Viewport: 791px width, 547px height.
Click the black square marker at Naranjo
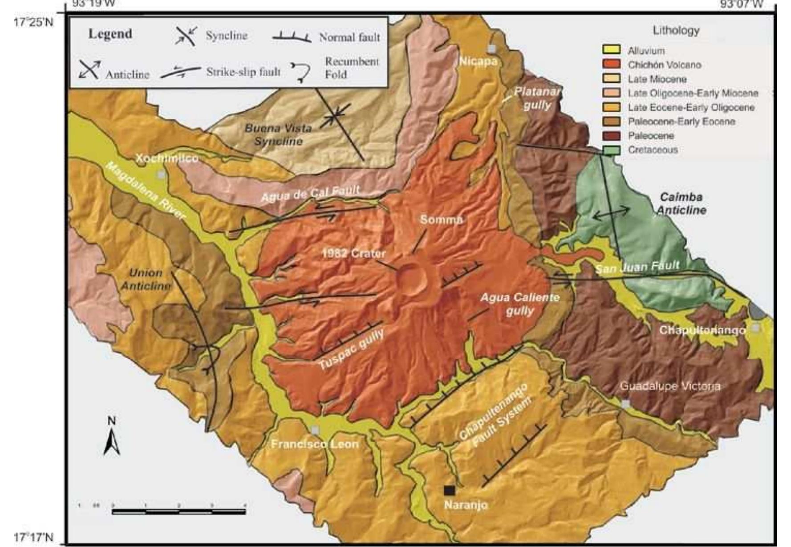(x=449, y=490)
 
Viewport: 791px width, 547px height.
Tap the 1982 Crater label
(x=353, y=253)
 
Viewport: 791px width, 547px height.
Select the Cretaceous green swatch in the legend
(x=611, y=150)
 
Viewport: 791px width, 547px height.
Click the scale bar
(x=178, y=512)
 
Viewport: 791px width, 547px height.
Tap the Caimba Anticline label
(x=681, y=203)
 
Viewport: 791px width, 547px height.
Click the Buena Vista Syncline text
(x=278, y=134)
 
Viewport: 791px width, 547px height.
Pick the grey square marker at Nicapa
(x=491, y=49)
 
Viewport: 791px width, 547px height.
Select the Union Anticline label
(x=146, y=279)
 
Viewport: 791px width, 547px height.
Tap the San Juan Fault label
(x=637, y=267)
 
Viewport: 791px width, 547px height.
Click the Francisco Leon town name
(x=314, y=444)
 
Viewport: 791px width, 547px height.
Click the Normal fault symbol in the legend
(x=292, y=37)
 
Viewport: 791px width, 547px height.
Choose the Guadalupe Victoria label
(x=669, y=386)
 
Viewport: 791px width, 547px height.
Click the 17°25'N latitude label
(x=33, y=22)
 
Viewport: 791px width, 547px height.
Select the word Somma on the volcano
(x=441, y=219)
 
